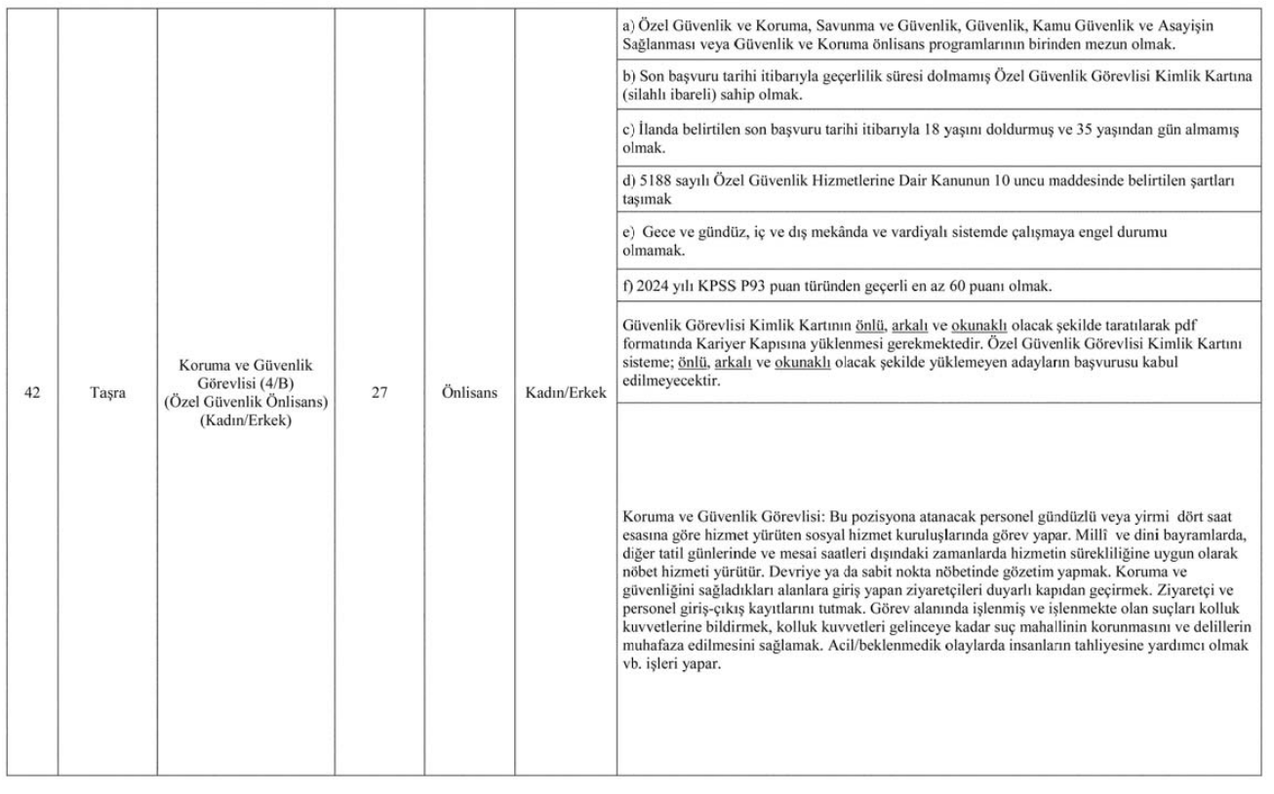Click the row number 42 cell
(32, 398)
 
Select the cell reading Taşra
(106, 398)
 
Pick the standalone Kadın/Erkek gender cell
(565, 398)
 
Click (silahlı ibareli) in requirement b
(668, 97)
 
